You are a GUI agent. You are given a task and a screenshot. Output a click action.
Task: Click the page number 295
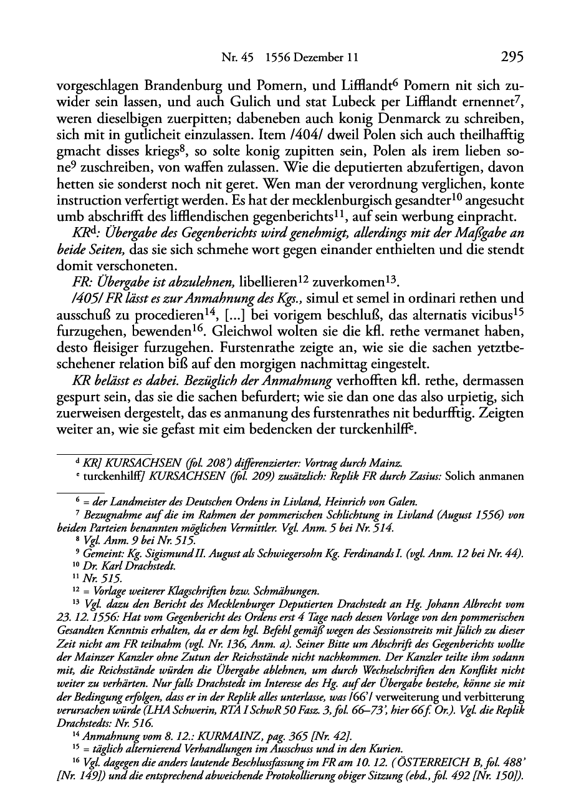pyautogui.click(x=511, y=57)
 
